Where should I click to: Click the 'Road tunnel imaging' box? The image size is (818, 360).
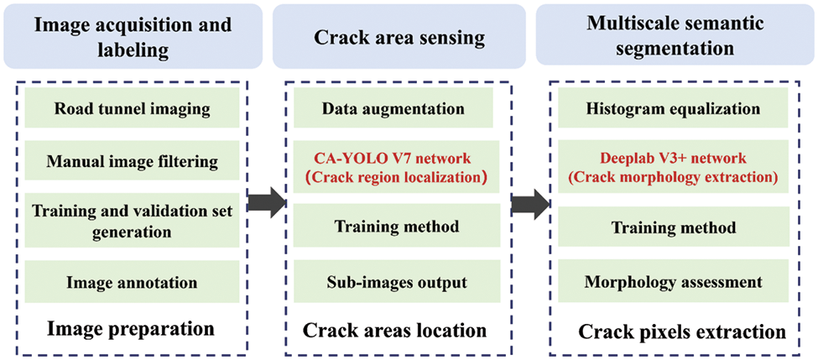[x=132, y=110]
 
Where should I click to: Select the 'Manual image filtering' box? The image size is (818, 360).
[x=132, y=161]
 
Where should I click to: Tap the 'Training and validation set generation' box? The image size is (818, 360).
[x=132, y=221]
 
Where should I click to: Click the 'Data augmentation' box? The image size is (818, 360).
[x=393, y=110]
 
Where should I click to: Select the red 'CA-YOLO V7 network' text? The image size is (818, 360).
[x=393, y=159]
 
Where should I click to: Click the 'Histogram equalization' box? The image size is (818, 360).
[x=675, y=110]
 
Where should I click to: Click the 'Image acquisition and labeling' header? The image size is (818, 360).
[x=132, y=37]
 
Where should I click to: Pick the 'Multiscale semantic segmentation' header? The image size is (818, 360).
[x=675, y=37]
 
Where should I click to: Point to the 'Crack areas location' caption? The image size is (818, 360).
[x=393, y=330]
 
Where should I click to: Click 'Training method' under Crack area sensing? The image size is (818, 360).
[x=393, y=227]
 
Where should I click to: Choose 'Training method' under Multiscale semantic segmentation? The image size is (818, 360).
[x=675, y=228]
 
